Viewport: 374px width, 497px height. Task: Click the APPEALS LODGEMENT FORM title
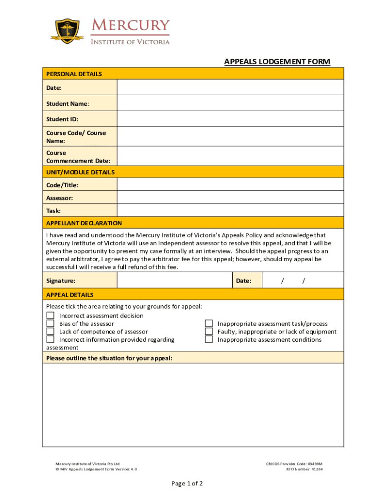(277, 62)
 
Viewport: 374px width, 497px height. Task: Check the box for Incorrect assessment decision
(50, 316)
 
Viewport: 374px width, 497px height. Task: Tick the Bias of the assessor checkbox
(50, 324)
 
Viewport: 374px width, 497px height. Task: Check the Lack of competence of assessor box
(50, 331)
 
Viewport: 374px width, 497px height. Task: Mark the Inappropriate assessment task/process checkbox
(209, 324)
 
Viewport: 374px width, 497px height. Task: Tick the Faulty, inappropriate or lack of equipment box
(209, 331)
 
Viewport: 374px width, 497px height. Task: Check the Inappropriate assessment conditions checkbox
(209, 339)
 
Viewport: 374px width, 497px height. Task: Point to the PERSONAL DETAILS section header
(74, 74)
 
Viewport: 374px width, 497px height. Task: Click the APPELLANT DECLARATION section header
(84, 223)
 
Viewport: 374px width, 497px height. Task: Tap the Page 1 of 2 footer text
(187, 483)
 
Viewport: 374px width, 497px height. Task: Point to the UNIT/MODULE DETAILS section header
(80, 172)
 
